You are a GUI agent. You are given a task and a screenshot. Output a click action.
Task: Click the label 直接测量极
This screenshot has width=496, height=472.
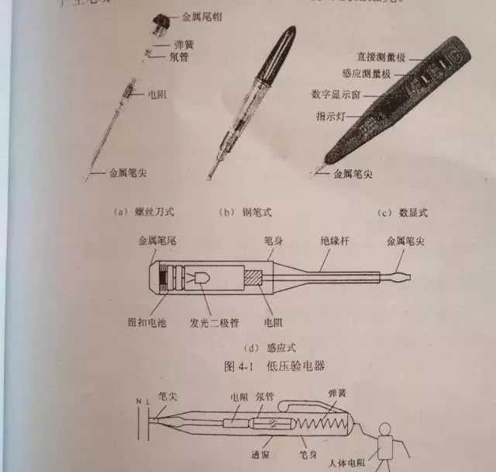(x=377, y=57)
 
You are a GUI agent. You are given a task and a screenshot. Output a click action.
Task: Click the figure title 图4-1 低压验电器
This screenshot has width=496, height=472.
(x=248, y=364)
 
